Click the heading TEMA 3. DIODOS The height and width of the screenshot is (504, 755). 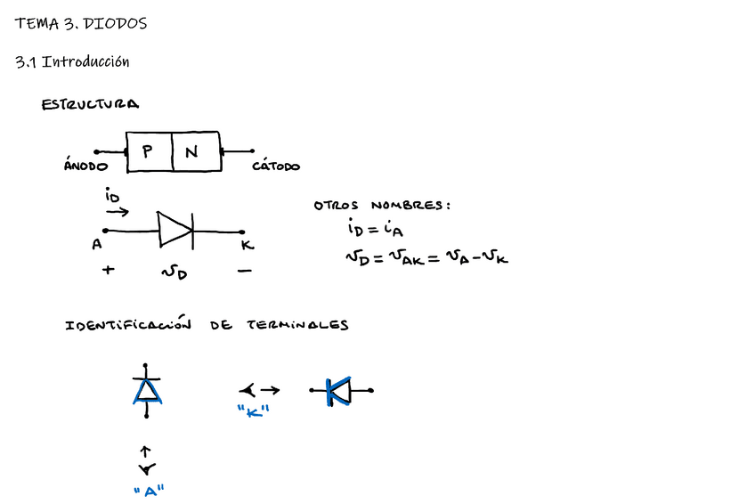click(80, 24)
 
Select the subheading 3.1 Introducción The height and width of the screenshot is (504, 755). click(72, 62)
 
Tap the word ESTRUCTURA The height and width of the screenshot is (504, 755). click(90, 105)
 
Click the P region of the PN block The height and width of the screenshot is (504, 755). click(148, 152)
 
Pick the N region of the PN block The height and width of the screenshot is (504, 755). click(191, 152)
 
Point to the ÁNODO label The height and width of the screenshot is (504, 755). click(85, 166)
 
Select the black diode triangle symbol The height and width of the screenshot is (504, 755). click(175, 230)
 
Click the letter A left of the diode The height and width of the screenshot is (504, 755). click(96, 245)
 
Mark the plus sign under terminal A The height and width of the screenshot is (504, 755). click(109, 268)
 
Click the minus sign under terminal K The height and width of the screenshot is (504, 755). click(245, 271)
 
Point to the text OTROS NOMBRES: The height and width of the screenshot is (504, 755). click(382, 206)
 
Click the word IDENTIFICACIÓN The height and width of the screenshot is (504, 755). click(128, 325)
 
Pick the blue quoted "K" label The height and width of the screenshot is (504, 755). click(253, 411)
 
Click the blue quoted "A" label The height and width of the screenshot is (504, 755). click(148, 492)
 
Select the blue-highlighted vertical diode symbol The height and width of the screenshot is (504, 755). click(147, 390)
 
